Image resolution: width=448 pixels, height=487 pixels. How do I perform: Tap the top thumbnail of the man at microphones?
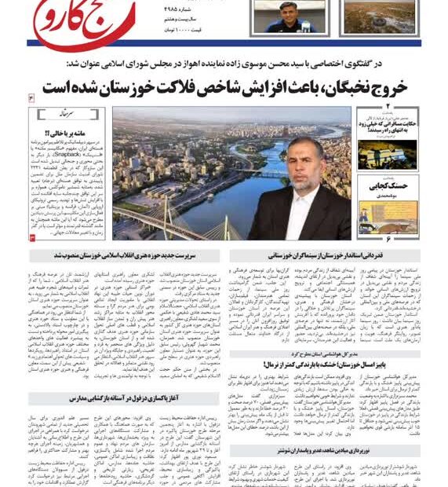coord(290,16)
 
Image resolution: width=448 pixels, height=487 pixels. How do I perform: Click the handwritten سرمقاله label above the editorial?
coord(56,111)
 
